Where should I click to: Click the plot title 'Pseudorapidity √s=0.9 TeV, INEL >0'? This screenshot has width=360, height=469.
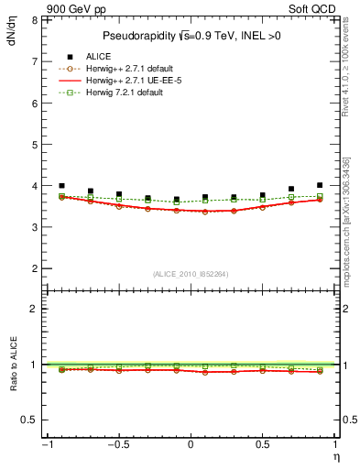click(189, 36)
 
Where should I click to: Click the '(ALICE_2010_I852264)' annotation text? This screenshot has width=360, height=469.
click(190, 273)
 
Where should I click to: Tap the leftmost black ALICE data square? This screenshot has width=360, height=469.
click(61, 186)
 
